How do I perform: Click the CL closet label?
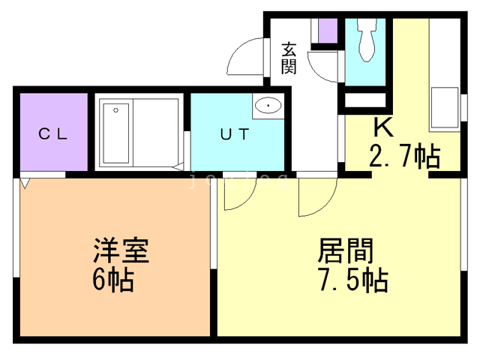point(53,133)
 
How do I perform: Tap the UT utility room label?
point(235,133)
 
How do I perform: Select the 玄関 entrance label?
point(289,58)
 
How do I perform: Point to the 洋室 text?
point(121,250)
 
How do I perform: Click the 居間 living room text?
point(345,250)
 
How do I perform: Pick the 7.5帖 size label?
point(353,280)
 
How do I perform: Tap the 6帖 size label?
point(113,280)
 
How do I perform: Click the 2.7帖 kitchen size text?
point(404,156)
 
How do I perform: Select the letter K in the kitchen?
point(383,127)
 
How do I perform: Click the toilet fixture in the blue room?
point(367,39)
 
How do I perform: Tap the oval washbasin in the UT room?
point(268,106)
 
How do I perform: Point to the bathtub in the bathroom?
point(116,133)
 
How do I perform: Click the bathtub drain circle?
point(115,110)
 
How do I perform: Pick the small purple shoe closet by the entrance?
point(328,31)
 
